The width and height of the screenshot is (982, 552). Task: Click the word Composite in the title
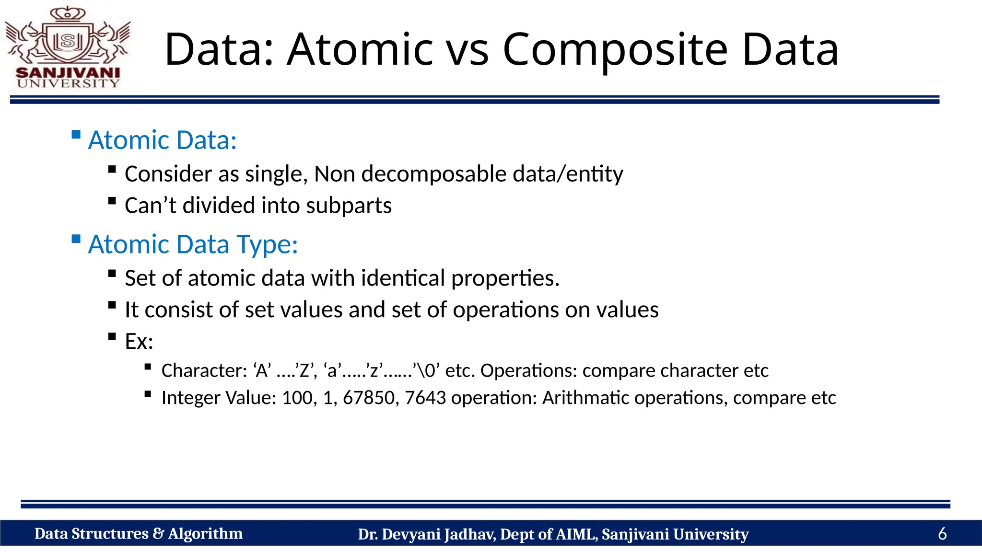point(615,49)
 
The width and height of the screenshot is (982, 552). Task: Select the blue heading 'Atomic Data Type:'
point(193,244)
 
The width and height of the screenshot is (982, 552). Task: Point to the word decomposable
point(433,174)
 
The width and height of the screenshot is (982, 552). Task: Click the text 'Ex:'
point(139,342)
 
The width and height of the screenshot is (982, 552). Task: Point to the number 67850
point(368,398)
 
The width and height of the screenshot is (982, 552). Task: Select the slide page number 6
point(942,534)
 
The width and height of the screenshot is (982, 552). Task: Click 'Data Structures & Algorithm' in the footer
point(139,534)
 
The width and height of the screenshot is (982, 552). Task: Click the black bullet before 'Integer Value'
point(148,394)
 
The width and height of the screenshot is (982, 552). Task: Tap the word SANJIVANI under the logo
point(68,73)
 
